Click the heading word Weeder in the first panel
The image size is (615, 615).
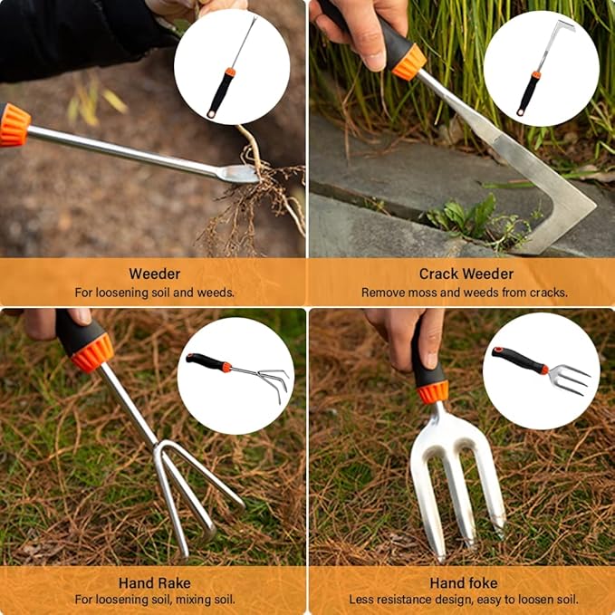pos(154,274)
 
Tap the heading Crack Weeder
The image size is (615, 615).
pos(466,274)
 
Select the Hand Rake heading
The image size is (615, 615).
pos(154,582)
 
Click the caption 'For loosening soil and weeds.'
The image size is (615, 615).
pos(154,293)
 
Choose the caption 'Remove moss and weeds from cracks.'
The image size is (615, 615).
pos(465,293)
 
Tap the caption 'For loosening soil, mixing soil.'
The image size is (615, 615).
pos(154,600)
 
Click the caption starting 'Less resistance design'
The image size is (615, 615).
pos(464,600)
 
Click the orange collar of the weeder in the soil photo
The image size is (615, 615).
pos(14,125)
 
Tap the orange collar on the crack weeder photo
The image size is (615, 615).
pos(409,62)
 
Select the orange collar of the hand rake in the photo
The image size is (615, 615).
pos(92,351)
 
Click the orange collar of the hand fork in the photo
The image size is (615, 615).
pos(433,391)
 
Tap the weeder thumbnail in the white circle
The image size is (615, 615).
pos(232,67)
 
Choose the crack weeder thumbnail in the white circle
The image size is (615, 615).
pos(541,68)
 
